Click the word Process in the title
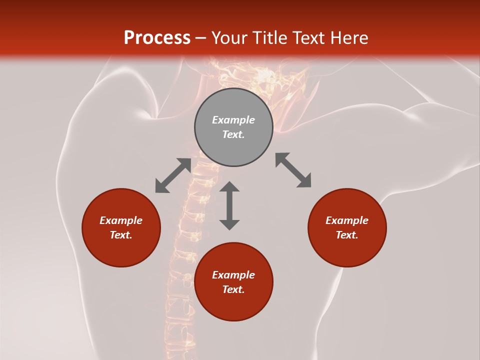pos(157,38)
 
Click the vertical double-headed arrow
pos(229,205)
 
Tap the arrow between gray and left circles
pos(173,175)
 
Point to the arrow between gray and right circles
pos(293,170)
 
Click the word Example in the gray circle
pos(233,120)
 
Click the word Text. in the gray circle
pos(233,134)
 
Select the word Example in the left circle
pos(121,220)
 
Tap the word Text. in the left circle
pos(121,235)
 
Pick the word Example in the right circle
pos(347,220)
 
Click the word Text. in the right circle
pos(347,235)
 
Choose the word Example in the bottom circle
pos(233,275)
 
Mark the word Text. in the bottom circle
pos(233,289)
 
